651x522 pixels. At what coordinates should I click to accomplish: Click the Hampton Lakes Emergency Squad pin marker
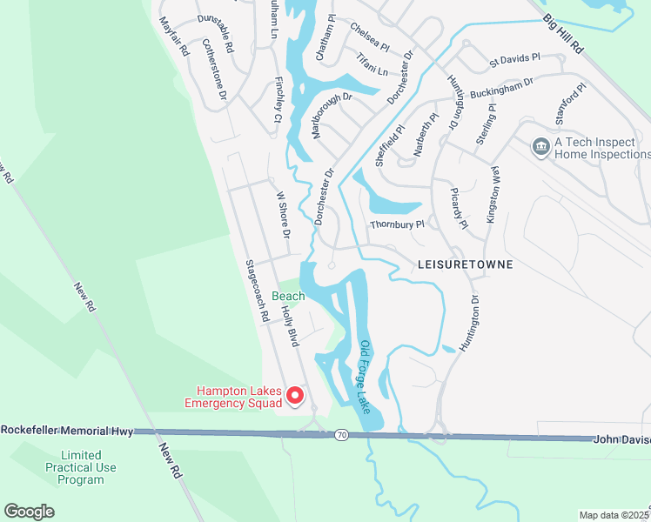[x=294, y=396]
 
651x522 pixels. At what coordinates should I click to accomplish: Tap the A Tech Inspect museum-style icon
[x=540, y=145]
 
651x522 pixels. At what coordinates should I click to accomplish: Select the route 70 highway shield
[x=342, y=433]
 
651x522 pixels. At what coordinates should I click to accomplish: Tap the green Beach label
[x=288, y=297]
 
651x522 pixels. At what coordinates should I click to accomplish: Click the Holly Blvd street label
[x=291, y=325]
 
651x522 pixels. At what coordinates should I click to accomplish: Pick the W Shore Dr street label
[x=282, y=216]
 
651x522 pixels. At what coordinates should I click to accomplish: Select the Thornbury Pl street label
[x=397, y=224]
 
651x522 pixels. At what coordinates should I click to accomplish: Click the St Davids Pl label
[x=514, y=61]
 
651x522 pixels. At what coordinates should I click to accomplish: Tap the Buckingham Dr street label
[x=500, y=87]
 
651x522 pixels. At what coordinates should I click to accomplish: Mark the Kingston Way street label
[x=493, y=195]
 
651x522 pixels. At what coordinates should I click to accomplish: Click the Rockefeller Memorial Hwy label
[x=67, y=431]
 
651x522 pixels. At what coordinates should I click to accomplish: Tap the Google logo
[x=29, y=512]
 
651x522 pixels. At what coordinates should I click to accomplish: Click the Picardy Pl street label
[x=460, y=207]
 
